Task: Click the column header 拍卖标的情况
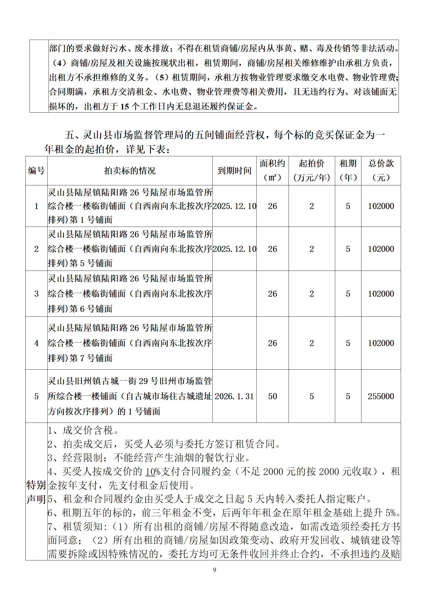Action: coord(130,171)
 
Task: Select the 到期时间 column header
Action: coord(234,171)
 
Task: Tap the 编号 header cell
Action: coord(36,171)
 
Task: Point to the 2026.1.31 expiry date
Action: coord(234,396)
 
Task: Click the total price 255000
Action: coord(381,396)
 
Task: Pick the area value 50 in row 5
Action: coord(272,396)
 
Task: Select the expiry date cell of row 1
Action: coord(234,206)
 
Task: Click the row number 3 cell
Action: coord(36,294)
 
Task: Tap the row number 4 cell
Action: coord(36,343)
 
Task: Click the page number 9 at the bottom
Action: coord(215,570)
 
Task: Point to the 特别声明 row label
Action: coord(36,492)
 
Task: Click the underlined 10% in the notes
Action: coord(153,472)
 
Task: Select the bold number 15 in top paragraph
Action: coord(124,106)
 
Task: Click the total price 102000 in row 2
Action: coord(381,249)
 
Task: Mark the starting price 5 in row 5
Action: coord(312,396)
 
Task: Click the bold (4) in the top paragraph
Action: coord(59,63)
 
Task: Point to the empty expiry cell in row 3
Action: coord(234,294)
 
